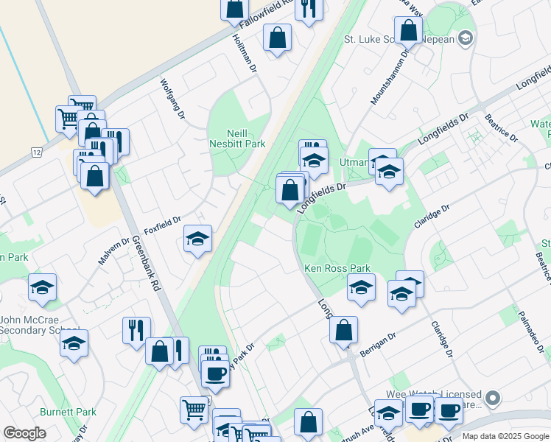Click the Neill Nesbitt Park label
point(237,139)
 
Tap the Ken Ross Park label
point(337,269)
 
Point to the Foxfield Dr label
point(162,222)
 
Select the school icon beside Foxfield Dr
point(197,239)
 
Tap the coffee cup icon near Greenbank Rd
point(215,372)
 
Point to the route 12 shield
point(35,152)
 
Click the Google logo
point(24,433)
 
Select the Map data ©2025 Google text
point(505,436)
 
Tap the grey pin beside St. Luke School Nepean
point(465,38)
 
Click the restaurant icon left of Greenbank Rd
point(136,331)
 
